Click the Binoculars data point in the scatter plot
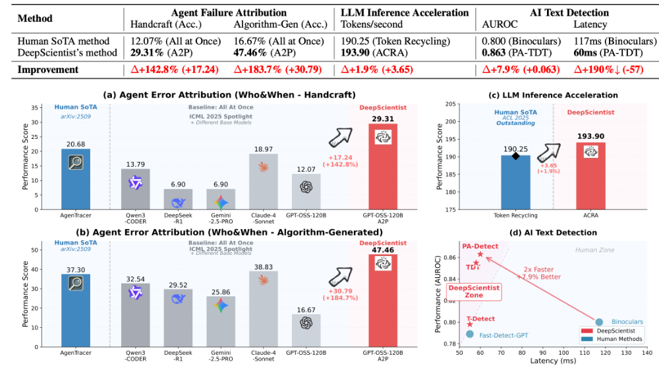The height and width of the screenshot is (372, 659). coord(599,322)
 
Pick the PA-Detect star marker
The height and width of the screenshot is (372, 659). coord(480,254)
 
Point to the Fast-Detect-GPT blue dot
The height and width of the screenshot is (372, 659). coord(469,334)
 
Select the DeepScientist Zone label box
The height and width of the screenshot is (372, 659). coord(474,292)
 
